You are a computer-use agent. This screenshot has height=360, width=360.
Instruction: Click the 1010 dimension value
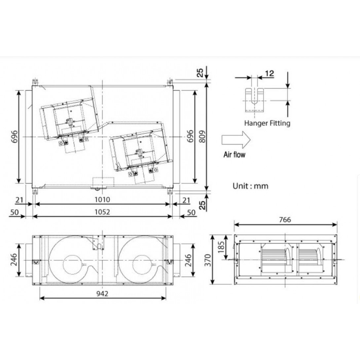click(102, 199)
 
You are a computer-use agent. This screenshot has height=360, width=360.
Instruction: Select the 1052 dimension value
click(102, 212)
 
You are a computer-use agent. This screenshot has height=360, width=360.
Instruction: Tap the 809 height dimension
click(202, 137)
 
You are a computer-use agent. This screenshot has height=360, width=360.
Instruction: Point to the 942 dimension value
click(102, 293)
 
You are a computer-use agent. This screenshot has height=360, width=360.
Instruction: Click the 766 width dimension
click(285, 220)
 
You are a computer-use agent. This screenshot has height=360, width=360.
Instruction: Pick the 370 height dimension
click(208, 260)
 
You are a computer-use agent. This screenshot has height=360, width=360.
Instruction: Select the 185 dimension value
click(221, 247)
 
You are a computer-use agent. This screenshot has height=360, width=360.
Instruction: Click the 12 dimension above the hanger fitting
click(270, 73)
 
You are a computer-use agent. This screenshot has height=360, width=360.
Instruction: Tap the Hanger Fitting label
click(267, 123)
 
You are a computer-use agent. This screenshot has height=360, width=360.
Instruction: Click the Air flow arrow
click(236, 140)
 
